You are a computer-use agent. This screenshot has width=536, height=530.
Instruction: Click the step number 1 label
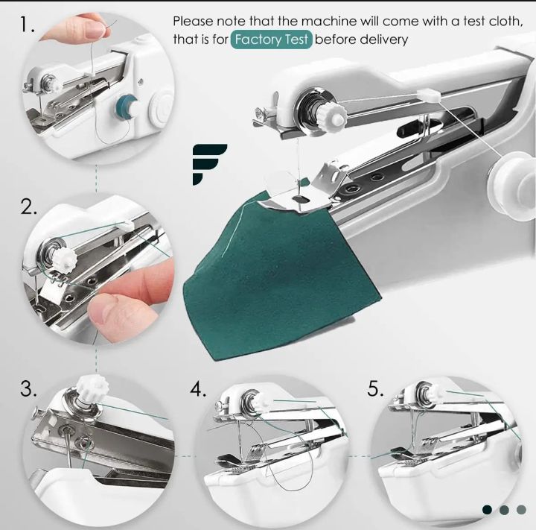point(28,25)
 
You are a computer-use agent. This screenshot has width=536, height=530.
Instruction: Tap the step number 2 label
point(29,206)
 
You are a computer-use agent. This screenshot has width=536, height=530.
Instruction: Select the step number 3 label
point(29,388)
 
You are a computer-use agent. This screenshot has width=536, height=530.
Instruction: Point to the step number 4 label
point(198,388)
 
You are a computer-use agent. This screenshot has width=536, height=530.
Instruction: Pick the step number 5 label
point(375,388)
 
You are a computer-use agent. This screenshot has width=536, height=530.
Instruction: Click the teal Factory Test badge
point(272,40)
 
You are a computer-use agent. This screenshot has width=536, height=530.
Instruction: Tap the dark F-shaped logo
point(209,164)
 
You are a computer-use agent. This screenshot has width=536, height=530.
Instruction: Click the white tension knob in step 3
point(92,388)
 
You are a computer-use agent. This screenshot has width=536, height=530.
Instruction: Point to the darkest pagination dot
point(487,510)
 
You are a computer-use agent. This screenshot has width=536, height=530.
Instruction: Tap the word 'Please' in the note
point(193,21)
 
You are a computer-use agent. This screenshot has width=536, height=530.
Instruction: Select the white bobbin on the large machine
point(511,186)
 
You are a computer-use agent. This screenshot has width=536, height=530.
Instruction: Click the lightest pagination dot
point(521,510)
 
